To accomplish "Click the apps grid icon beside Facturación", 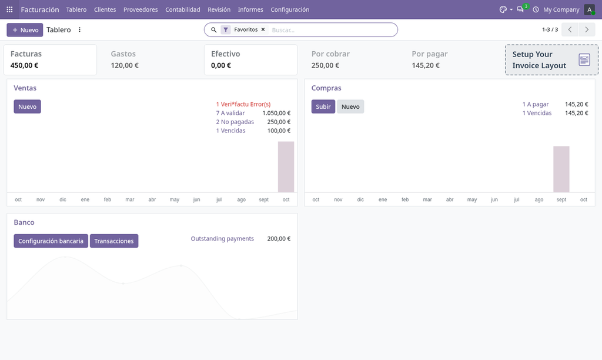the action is [9, 9].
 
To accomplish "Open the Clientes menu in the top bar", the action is [105, 9].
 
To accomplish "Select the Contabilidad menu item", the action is [183, 9].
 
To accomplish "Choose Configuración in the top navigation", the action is [290, 9].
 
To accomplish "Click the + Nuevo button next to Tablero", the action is [25, 30].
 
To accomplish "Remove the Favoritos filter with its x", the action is [263, 29].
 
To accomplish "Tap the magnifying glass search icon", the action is [214, 29].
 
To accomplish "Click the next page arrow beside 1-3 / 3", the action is [587, 29].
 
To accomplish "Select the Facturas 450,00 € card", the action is [51, 59].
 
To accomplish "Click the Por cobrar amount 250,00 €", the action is [325, 65].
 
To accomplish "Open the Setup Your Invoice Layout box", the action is [551, 59].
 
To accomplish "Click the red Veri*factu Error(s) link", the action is [243, 104].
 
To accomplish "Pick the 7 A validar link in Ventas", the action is [230, 113].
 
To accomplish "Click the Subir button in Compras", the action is [323, 106].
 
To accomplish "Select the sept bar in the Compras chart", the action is [561, 169].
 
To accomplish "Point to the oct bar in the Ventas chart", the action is [286, 166].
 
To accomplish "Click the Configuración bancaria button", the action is [51, 241].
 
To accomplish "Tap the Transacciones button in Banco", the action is [114, 241].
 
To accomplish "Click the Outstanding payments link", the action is [222, 239].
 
